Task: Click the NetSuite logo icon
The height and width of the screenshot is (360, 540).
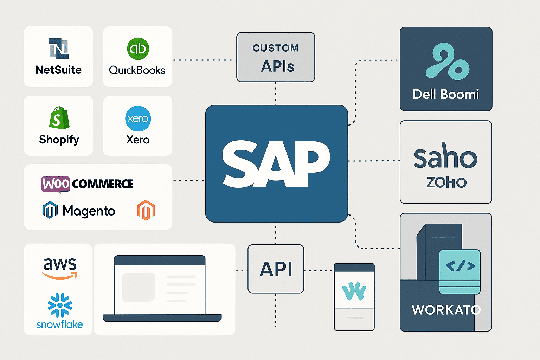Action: pos(58,49)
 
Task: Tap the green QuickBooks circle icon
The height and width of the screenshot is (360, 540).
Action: pos(138,49)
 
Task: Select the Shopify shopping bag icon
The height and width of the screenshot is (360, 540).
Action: pos(59,118)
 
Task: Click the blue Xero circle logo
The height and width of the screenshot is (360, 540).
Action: pos(138,118)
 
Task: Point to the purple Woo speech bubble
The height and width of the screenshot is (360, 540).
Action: pos(56,184)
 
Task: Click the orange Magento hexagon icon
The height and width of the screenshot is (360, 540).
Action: pos(146,210)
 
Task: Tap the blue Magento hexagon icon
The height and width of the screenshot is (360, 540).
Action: pos(50,210)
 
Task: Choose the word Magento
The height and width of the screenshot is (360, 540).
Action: pos(89,211)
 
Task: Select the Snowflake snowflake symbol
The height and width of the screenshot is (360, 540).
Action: pos(60,305)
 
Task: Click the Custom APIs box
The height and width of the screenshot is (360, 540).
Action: pos(276,57)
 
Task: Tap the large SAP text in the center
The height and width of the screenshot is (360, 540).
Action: pos(276,163)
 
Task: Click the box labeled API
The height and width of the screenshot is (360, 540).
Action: pos(276,269)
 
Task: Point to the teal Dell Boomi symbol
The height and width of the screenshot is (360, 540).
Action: pos(446,61)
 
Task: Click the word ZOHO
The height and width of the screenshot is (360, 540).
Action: pos(446,182)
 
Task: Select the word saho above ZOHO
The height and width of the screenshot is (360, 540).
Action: pos(445,157)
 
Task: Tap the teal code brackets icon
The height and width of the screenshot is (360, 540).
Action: pos(460,266)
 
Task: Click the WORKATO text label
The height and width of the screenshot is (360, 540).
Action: pos(446,310)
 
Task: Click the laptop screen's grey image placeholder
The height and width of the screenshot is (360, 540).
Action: pos(139,287)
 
